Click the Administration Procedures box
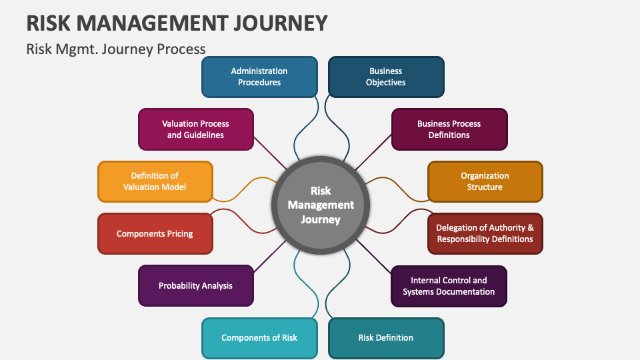pyautogui.click(x=259, y=77)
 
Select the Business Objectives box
pyautogui.click(x=386, y=77)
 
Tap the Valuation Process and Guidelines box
pyautogui.click(x=195, y=129)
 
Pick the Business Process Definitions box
pyautogui.click(x=449, y=129)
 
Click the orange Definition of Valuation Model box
pyautogui.click(x=155, y=181)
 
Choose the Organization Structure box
pyautogui.click(x=485, y=181)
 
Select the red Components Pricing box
pyautogui.click(x=155, y=233)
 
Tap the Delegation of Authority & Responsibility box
pyautogui.click(x=485, y=233)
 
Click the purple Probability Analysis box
pyautogui.click(x=195, y=285)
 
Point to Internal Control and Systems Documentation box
pyautogui.click(x=449, y=285)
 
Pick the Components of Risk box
pyautogui.click(x=259, y=337)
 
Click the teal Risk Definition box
pyautogui.click(x=386, y=337)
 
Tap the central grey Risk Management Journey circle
pyautogui.click(x=321, y=205)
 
